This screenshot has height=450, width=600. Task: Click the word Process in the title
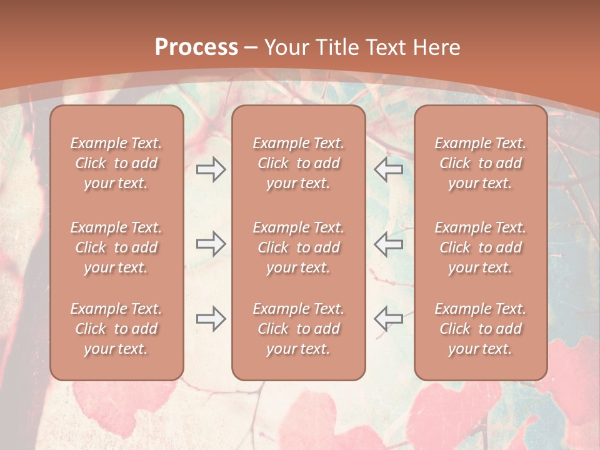click(x=196, y=47)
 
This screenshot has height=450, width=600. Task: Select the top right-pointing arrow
click(x=211, y=169)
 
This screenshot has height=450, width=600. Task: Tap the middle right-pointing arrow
click(x=211, y=244)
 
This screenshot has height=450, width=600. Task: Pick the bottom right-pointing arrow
click(x=211, y=319)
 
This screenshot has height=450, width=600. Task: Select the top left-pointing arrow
click(x=388, y=169)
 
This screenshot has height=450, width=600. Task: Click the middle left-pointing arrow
click(x=388, y=244)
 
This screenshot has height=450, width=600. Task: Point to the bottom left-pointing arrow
click(x=388, y=319)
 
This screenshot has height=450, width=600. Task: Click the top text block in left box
click(x=116, y=163)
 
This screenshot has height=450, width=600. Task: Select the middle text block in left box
click(x=116, y=247)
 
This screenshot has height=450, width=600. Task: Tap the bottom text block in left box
click(x=116, y=329)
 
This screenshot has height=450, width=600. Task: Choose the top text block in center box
click(x=298, y=163)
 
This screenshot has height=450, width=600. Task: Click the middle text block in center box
click(x=298, y=247)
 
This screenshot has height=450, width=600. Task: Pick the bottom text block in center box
click(x=298, y=329)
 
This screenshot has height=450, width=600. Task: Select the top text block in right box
click(x=480, y=163)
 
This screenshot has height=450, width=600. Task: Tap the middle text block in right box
click(x=480, y=247)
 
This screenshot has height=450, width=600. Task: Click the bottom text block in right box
click(x=480, y=329)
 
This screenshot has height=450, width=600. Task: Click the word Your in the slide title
click(x=286, y=47)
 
